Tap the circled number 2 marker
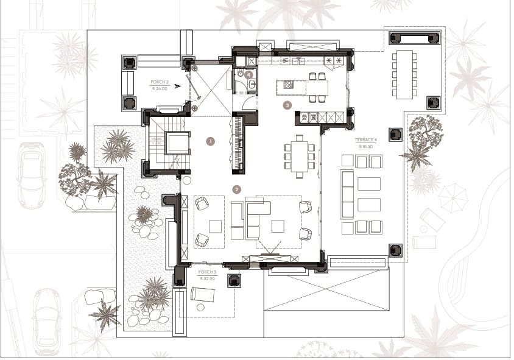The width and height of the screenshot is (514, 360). [x=236, y=189]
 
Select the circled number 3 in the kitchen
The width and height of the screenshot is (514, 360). [x=287, y=105]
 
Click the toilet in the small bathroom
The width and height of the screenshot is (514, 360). [x=241, y=74]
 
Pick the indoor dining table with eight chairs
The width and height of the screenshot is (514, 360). [x=299, y=156]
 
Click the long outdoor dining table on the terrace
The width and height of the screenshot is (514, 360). [x=405, y=74]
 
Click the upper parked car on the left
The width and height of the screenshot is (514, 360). [x=31, y=175]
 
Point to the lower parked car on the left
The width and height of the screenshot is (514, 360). [x=46, y=321]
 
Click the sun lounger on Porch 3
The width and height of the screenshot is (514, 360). [x=203, y=295]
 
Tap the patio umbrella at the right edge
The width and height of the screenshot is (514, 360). [x=453, y=197]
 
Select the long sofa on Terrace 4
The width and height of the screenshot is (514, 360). [x=347, y=194]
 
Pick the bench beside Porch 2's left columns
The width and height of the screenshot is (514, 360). [x=128, y=83]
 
